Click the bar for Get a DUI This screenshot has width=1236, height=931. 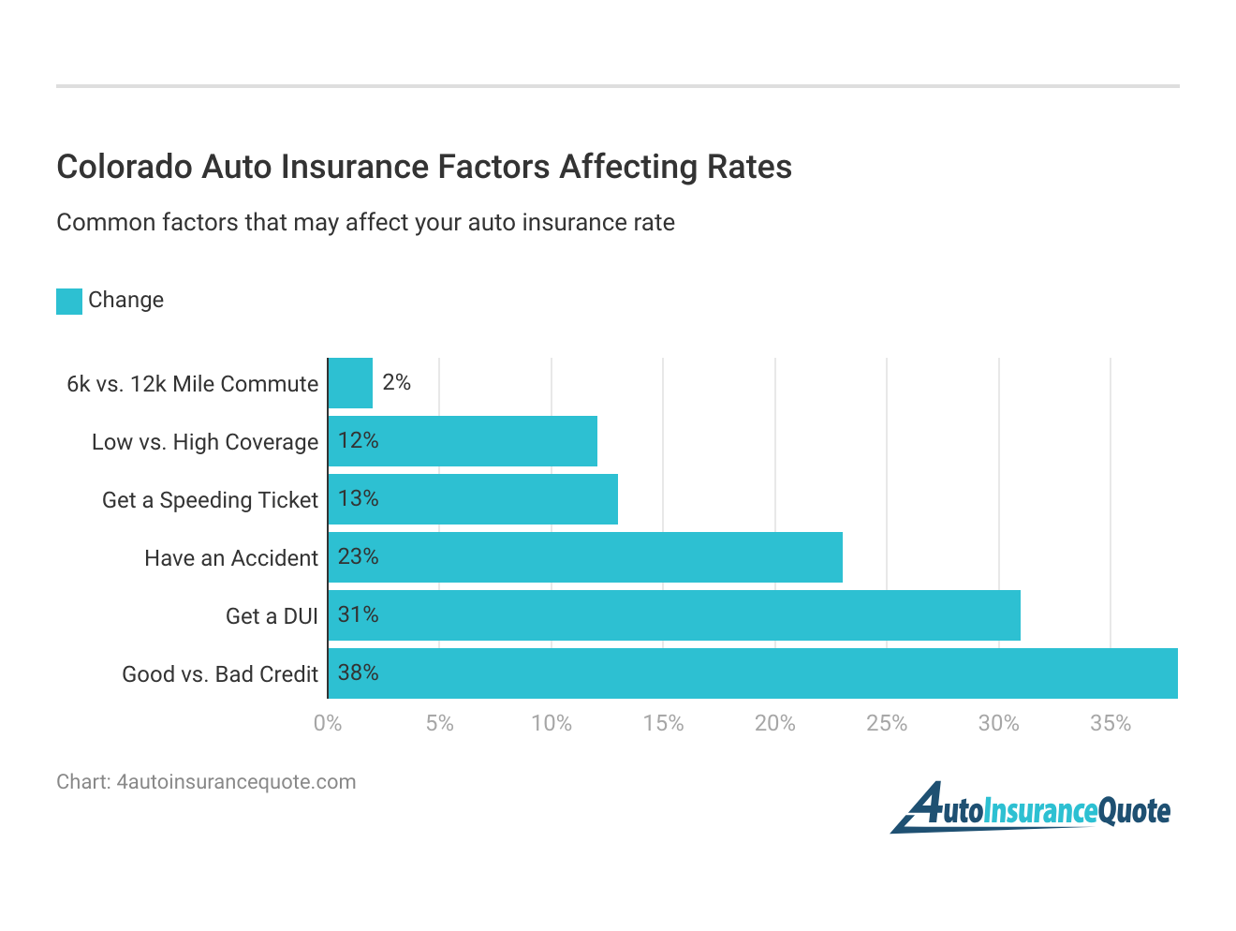[674, 615]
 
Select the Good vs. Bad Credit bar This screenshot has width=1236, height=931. [753, 673]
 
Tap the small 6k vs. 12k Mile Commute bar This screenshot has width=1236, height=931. [350, 383]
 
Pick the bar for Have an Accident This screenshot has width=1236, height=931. [585, 557]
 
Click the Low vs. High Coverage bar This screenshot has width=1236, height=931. [463, 441]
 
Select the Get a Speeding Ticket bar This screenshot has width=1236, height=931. [473, 499]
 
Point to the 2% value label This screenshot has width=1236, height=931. [396, 382]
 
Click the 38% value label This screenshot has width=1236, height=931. [358, 672]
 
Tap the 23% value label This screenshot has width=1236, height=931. [358, 556]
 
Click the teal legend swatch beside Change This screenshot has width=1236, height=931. [69, 301]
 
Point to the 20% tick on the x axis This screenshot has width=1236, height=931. [774, 723]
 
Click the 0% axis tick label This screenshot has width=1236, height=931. [328, 723]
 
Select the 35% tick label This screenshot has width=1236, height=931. [1110, 723]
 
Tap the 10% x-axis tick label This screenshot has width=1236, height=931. [551, 723]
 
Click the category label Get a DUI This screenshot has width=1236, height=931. [272, 616]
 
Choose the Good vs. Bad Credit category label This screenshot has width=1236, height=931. [220, 674]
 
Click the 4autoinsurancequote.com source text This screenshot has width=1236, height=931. [236, 782]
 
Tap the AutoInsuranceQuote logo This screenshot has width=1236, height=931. [1030, 808]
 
